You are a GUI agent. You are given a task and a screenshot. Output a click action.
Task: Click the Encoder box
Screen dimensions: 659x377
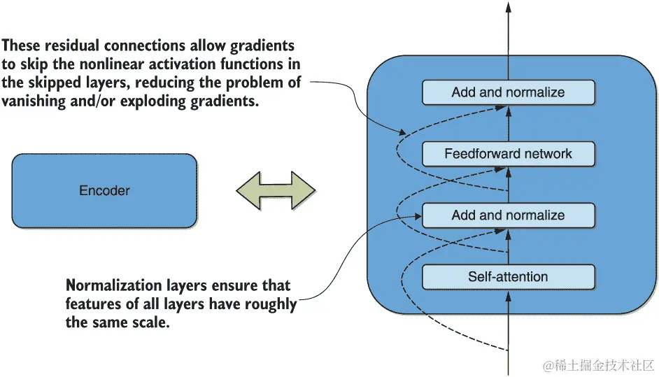click(x=104, y=191)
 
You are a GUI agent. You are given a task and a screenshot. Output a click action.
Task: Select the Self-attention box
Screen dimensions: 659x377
click(x=509, y=277)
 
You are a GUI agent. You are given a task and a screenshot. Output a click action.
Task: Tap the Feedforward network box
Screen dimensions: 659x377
click(x=509, y=154)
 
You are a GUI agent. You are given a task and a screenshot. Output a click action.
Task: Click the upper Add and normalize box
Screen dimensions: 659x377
click(x=509, y=92)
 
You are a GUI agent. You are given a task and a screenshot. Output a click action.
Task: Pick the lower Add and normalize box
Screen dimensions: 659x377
click(x=509, y=215)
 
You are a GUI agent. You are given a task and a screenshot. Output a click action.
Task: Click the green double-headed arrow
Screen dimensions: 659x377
click(x=276, y=190)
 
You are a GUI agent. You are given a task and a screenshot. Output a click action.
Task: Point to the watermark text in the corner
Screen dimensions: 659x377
click(x=598, y=365)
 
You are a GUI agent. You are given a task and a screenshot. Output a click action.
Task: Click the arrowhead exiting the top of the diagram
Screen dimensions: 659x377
click(x=508, y=7)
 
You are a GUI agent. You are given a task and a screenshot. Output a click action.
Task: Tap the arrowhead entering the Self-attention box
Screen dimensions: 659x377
click(x=508, y=297)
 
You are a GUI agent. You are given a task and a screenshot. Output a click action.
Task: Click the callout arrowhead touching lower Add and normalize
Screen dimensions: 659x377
click(x=418, y=216)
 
